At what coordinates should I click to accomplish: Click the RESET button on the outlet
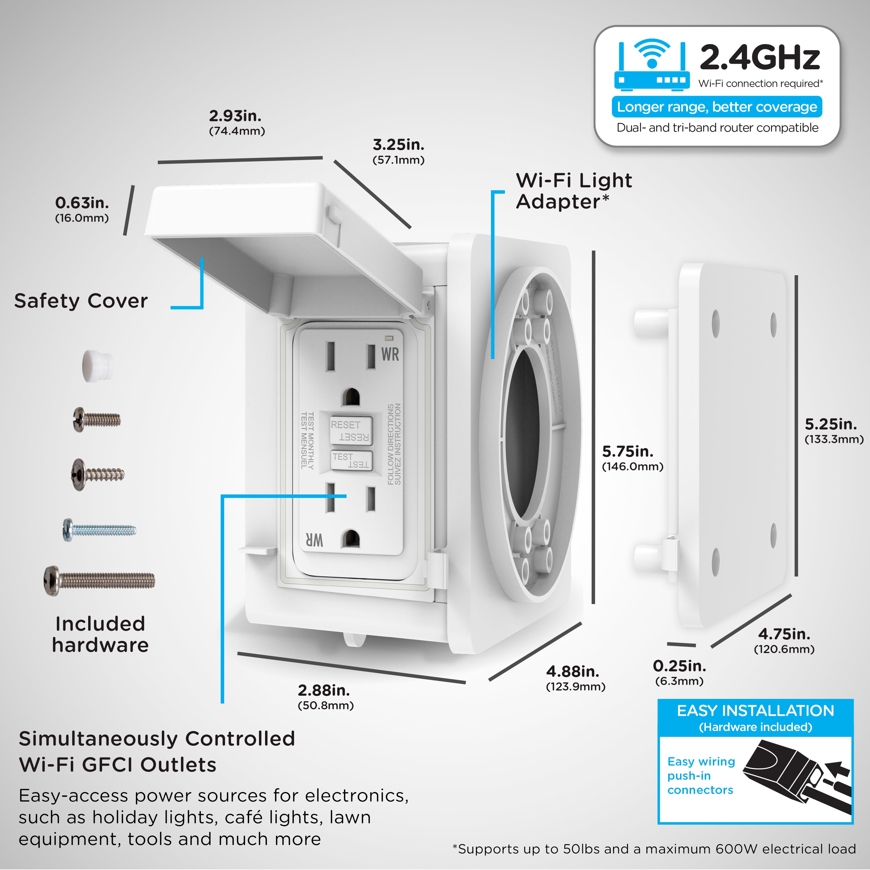351,430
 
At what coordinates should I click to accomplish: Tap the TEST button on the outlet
351,460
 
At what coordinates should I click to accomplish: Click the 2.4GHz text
760,58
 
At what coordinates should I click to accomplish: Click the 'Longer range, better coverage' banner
716,107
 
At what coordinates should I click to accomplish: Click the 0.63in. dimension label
82,203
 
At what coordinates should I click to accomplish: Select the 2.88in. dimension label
324,690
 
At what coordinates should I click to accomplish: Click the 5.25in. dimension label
831,424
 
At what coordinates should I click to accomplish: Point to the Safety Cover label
81,301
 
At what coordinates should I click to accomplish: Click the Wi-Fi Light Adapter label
573,191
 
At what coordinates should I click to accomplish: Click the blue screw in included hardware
99,529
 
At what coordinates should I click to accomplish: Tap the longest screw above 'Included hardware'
99,581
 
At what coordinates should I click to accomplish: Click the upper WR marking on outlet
390,354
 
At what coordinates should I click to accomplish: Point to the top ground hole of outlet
350,398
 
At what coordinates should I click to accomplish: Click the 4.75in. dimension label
784,634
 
